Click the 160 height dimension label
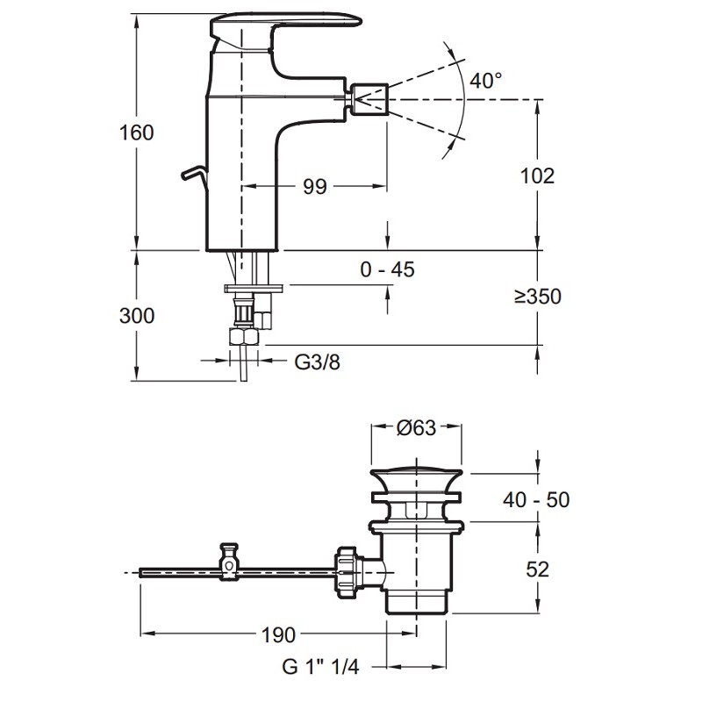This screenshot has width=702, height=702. tap(136, 133)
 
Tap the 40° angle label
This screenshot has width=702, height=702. tap(485, 81)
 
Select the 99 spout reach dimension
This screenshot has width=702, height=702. tap(314, 186)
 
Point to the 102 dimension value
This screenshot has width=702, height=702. tap(538, 175)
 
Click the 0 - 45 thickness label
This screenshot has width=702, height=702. tap(387, 269)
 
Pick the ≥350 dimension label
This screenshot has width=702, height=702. tap(538, 297)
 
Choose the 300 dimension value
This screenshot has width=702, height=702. tap(136, 315)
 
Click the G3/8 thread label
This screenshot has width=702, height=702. tap(314, 362)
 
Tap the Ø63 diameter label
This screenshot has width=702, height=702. tap(416, 428)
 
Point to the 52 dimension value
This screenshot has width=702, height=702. tap(538, 569)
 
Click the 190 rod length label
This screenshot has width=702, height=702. tap(276, 634)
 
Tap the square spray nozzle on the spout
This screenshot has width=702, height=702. tap(369, 97)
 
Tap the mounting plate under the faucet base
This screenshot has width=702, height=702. tap(254, 287)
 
